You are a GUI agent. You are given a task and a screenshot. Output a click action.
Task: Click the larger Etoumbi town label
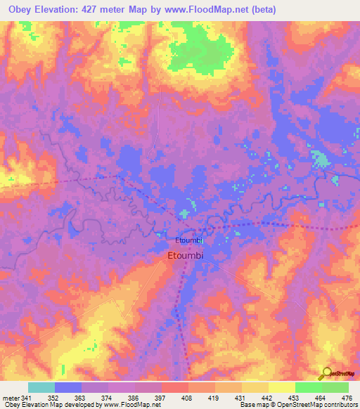(x=186, y=257)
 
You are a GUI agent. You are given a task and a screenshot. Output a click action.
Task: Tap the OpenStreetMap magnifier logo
(x=326, y=373)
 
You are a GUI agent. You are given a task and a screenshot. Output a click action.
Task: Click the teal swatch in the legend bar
(x=41, y=388)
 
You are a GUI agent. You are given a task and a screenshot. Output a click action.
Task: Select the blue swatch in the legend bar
(x=68, y=388)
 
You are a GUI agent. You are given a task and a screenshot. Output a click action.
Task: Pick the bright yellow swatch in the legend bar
(x=282, y=388)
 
